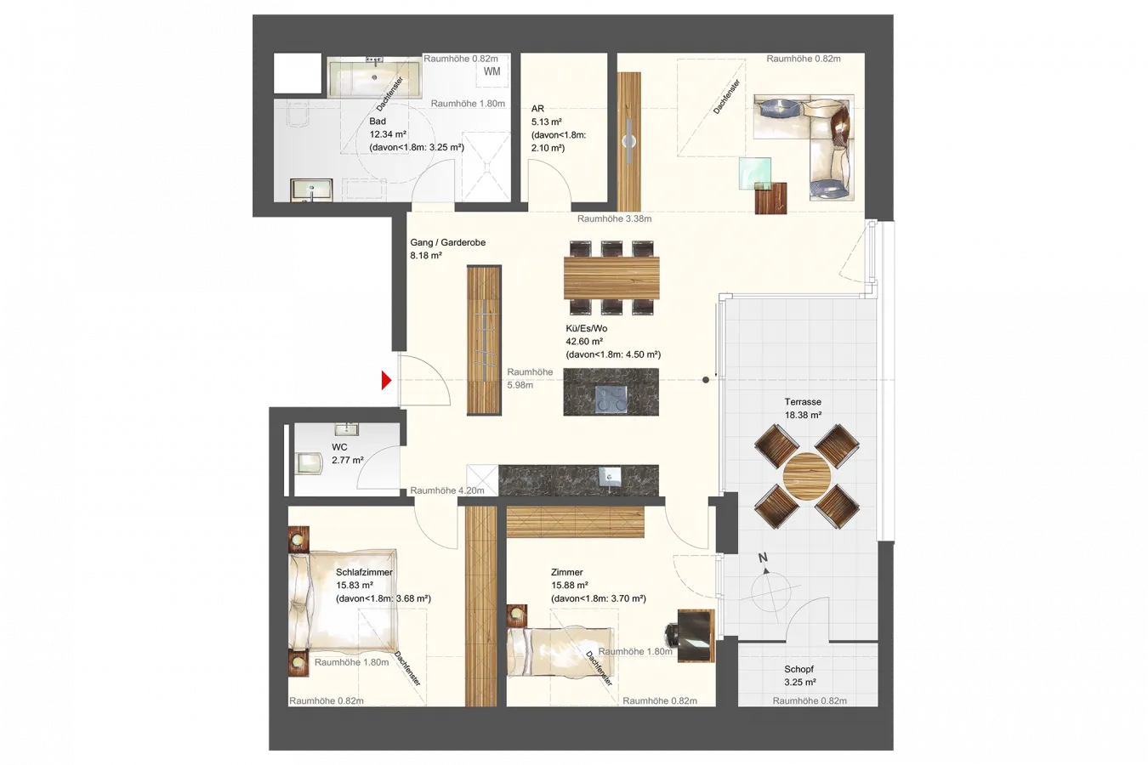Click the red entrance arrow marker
click(x=386, y=380)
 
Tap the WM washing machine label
click(x=492, y=71)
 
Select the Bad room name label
click(x=378, y=122)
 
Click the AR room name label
click(x=537, y=109)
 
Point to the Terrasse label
click(x=803, y=402)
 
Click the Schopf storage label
click(x=798, y=669)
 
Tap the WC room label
click(x=339, y=447)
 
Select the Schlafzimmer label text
click(x=365, y=572)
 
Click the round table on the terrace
click(x=807, y=477)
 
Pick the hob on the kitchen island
click(x=611, y=398)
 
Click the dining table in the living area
click(x=611, y=278)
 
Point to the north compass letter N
click(x=763, y=558)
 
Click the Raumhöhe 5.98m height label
click(x=530, y=378)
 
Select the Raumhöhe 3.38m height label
click(x=615, y=218)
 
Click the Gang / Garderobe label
click(x=447, y=242)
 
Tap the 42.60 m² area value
click(x=583, y=341)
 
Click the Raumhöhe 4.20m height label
click(x=447, y=490)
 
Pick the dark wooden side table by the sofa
click(x=770, y=198)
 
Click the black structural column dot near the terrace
click(x=706, y=380)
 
